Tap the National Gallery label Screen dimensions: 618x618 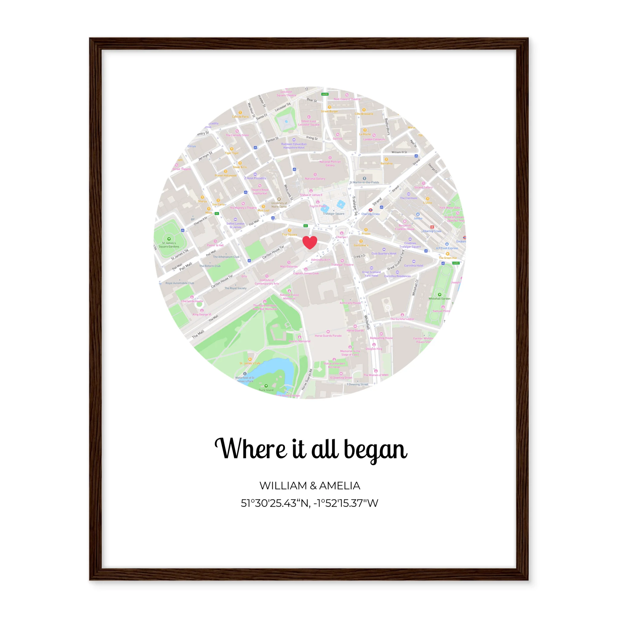[315, 179]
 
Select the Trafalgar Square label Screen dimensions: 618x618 [334, 214]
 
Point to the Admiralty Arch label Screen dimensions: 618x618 [320, 260]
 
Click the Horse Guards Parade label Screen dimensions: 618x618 [328, 336]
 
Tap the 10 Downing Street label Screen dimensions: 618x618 [341, 377]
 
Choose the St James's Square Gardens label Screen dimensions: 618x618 [169, 245]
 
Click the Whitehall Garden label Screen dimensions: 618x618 [439, 298]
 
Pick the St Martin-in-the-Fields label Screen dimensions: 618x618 [364, 182]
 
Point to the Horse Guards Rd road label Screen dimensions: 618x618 [307, 379]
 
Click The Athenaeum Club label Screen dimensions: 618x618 [226, 257]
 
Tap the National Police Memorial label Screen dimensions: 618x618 [289, 297]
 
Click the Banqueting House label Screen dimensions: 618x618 [381, 338]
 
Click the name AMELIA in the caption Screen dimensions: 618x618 [340, 486]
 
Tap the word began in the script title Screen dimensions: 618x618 [375, 449]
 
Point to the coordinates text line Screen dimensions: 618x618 [309, 503]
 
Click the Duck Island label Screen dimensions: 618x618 [266, 390]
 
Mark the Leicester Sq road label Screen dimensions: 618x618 [282, 107]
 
